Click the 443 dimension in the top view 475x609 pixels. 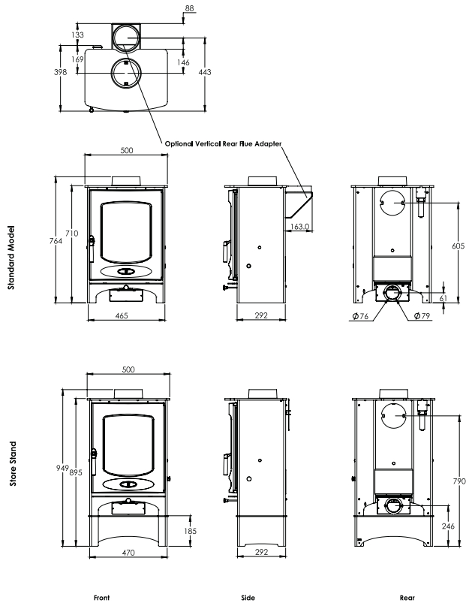pyautogui.click(x=205, y=72)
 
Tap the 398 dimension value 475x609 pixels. pyautogui.click(x=60, y=72)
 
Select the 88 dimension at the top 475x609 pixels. pyautogui.click(x=189, y=8)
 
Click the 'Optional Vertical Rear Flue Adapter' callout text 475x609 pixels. pyautogui.click(x=223, y=143)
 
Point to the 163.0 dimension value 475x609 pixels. pyautogui.click(x=299, y=226)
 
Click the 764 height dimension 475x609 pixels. pyautogui.click(x=56, y=241)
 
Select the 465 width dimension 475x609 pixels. pyautogui.click(x=122, y=315)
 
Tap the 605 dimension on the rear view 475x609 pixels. pyautogui.click(x=458, y=246)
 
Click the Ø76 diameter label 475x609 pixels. pyautogui.click(x=360, y=316)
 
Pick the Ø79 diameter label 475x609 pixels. pyautogui.click(x=422, y=316)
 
